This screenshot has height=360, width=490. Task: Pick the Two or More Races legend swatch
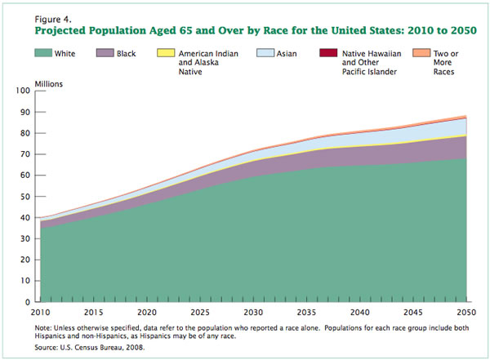tap(425, 53)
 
